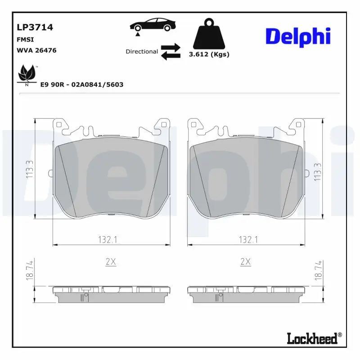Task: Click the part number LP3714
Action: click(x=34, y=27)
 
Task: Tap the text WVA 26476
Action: click(x=36, y=50)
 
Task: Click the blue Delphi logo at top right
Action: click(x=298, y=37)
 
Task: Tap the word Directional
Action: click(x=142, y=52)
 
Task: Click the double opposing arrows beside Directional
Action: click(x=171, y=52)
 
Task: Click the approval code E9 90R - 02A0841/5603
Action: click(x=82, y=84)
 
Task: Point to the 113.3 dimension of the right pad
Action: click(x=318, y=171)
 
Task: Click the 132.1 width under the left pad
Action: click(x=108, y=240)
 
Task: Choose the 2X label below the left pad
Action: click(x=110, y=261)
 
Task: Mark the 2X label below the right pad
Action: click(x=245, y=261)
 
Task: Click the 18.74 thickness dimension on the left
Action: click(x=30, y=271)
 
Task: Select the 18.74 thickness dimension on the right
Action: click(x=318, y=271)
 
